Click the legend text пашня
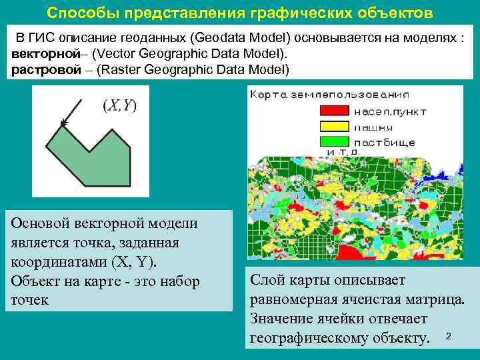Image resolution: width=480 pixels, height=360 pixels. pos(373,127)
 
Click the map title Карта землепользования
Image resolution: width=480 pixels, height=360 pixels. pos(312,95)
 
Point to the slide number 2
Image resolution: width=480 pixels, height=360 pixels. pos(449,335)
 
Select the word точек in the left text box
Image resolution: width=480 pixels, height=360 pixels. pos(30,299)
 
